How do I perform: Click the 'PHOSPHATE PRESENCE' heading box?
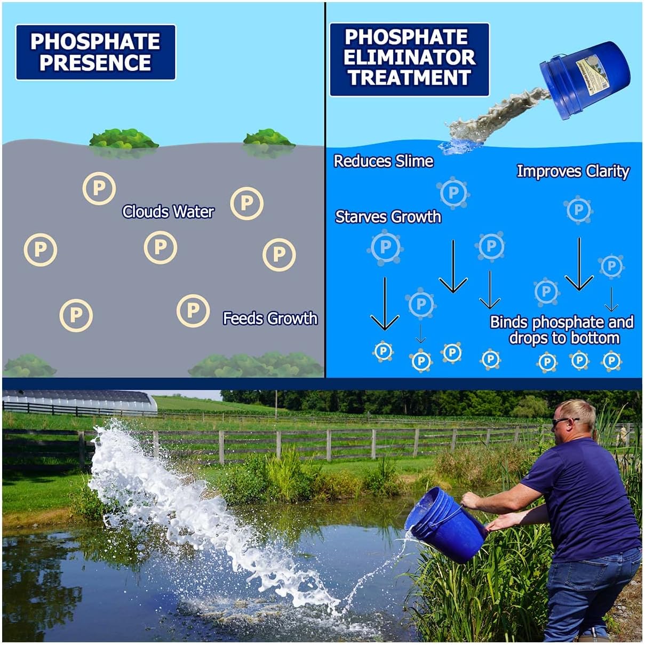(95, 52)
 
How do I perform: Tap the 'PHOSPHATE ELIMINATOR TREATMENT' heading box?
(409, 59)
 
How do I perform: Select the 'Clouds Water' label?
(168, 212)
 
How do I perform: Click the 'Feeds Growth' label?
(270, 318)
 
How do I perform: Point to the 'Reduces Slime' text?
(383, 161)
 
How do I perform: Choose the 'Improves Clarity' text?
(572, 171)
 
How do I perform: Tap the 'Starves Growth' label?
(388, 217)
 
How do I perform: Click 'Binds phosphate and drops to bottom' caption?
(562, 330)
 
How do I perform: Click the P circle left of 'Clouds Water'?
(99, 188)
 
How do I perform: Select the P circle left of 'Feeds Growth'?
(193, 310)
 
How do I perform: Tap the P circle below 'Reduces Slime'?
(453, 193)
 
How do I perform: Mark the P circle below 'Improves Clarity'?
(578, 210)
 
